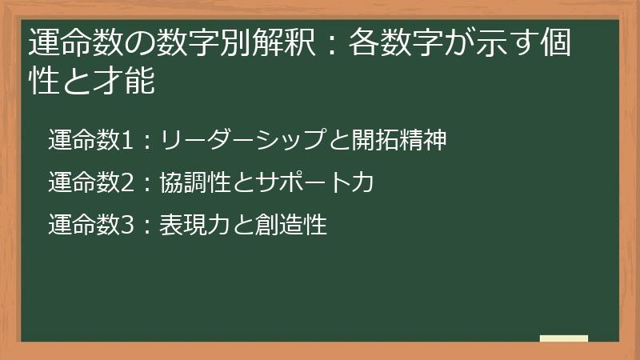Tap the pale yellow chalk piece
coord(563,338)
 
